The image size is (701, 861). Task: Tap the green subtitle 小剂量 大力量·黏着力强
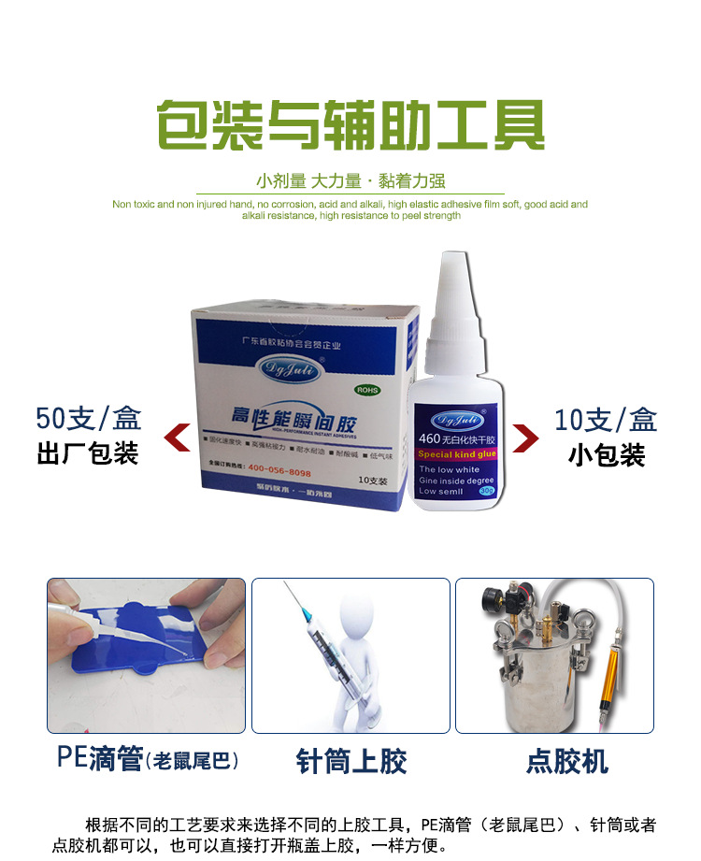point(350,181)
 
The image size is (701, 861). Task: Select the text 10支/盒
point(606,420)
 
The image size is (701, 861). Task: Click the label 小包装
point(606,455)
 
